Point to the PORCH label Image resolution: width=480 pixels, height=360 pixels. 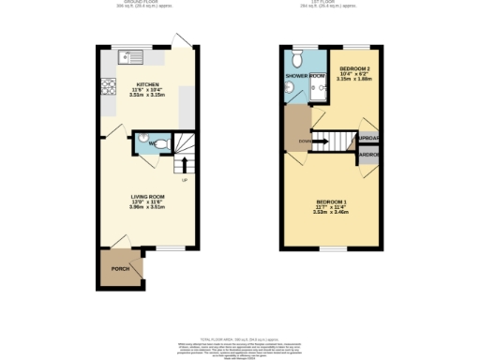pyautogui.click(x=120, y=269)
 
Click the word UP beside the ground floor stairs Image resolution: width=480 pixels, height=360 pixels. pyautogui.click(x=184, y=181)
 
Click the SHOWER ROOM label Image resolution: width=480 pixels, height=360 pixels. pyautogui.click(x=305, y=75)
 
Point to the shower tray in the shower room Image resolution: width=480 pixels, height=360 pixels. pyautogui.click(x=318, y=90)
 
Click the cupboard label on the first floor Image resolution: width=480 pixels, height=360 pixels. pyautogui.click(x=368, y=142)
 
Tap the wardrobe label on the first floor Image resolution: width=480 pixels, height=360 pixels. pyautogui.click(x=368, y=156)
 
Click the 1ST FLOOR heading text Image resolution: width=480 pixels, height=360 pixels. pyautogui.click(x=333, y=4)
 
